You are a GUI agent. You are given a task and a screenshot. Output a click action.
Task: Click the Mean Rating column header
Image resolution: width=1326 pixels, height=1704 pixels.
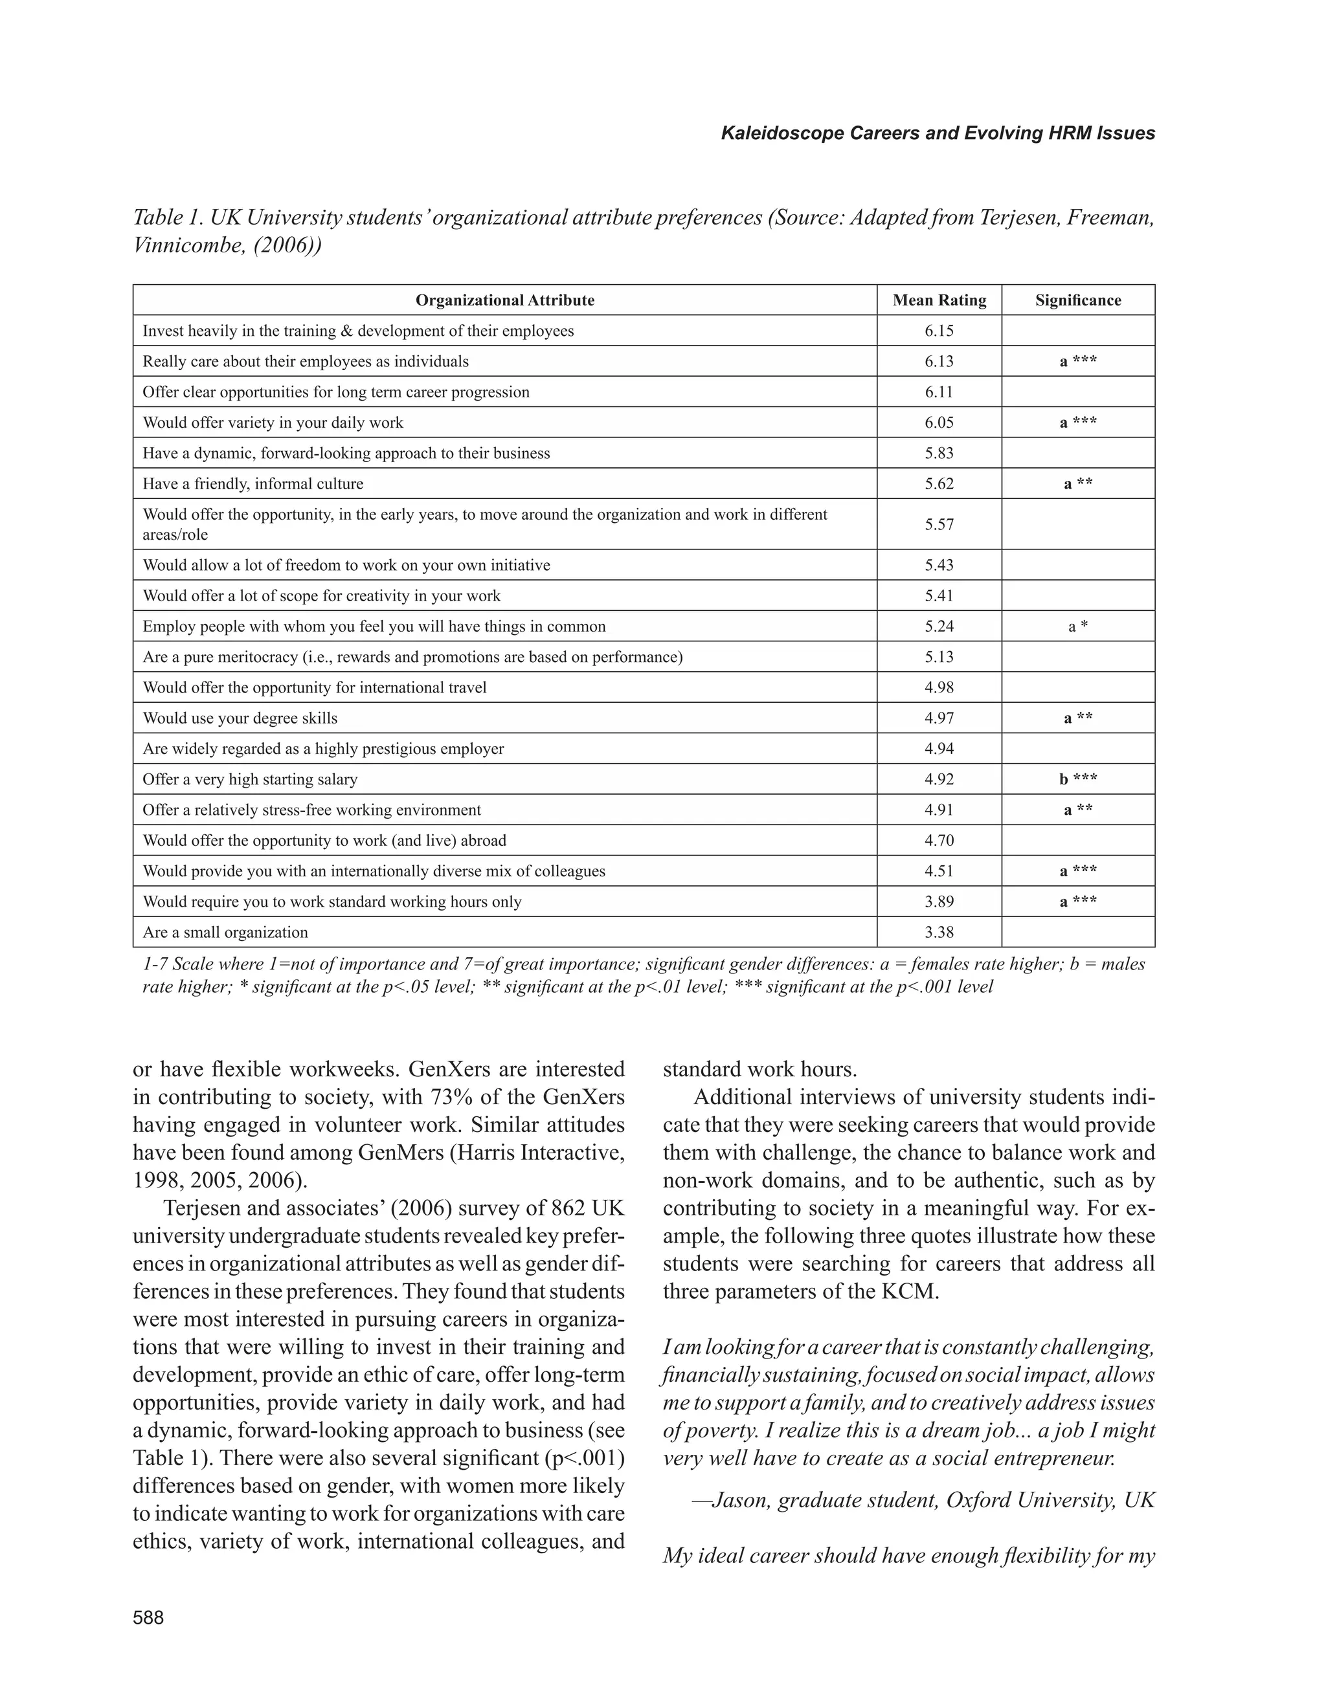(x=939, y=300)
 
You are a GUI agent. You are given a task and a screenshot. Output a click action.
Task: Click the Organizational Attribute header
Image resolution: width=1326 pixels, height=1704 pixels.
(x=504, y=300)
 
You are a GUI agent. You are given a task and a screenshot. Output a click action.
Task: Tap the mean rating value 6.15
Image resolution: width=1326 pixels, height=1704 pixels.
(x=939, y=331)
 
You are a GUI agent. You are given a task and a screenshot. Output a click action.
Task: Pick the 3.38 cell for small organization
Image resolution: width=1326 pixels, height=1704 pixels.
(x=939, y=933)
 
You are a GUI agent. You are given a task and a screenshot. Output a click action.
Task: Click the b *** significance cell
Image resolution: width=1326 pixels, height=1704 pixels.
(x=1078, y=779)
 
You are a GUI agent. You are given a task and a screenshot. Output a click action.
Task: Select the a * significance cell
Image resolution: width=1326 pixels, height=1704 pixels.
(x=1078, y=626)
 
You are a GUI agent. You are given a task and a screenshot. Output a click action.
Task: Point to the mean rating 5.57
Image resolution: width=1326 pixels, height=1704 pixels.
(x=939, y=524)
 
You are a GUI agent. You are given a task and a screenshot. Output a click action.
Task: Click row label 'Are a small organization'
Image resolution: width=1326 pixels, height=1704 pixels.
(x=225, y=933)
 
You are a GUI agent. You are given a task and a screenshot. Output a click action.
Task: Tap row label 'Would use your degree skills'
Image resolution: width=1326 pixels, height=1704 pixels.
(x=240, y=718)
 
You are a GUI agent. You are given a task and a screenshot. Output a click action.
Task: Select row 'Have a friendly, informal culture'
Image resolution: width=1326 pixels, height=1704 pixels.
(x=253, y=483)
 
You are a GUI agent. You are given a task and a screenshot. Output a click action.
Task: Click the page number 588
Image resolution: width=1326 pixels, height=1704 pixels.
(x=148, y=1618)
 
